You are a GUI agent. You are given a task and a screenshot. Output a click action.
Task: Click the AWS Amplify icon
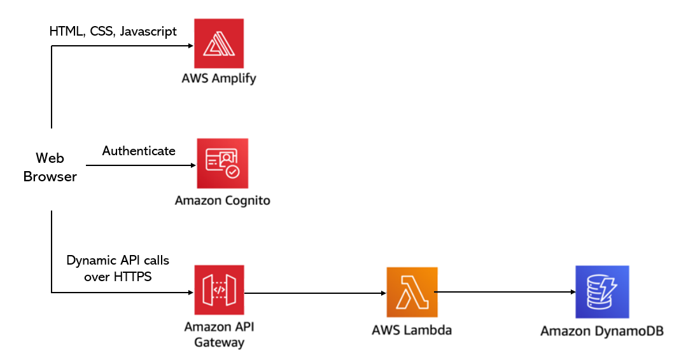click(219, 44)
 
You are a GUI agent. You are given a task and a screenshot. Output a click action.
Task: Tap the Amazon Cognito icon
click(222, 163)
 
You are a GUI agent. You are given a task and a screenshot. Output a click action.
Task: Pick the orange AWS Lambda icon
click(412, 292)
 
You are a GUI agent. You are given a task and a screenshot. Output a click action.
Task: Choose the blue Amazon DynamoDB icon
click(602, 292)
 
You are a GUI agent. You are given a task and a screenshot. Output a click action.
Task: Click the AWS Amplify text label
click(218, 79)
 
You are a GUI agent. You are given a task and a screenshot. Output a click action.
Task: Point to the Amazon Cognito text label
click(222, 200)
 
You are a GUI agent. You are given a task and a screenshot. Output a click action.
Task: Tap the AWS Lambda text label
click(412, 330)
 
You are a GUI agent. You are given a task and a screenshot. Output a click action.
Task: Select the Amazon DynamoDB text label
click(602, 331)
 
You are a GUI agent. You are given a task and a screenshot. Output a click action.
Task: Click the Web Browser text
click(50, 167)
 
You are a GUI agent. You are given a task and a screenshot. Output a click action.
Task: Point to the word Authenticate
click(139, 151)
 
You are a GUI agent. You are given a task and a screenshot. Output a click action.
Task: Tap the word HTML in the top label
click(66, 31)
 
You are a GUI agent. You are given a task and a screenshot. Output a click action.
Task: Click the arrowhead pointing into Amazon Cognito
click(193, 165)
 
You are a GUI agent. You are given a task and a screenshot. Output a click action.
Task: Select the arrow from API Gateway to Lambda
click(315, 293)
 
